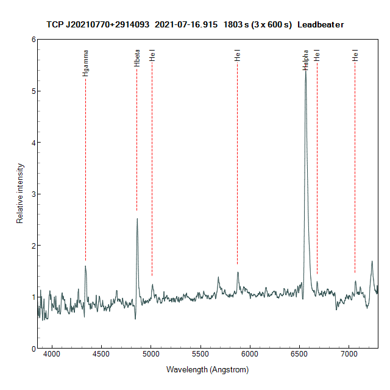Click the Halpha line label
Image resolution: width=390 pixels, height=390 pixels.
pos(305,60)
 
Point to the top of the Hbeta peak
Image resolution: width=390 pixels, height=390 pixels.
pos(137,219)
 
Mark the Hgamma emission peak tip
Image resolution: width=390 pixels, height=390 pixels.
pos(85,266)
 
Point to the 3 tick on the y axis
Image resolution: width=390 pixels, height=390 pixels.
pos(34,194)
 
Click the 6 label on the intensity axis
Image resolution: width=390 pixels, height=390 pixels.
pos(34,40)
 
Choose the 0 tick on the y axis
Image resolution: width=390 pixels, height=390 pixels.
pos(34,349)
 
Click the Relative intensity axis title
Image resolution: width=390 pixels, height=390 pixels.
pos(20,193)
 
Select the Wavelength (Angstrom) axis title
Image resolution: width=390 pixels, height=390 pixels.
pos(207,369)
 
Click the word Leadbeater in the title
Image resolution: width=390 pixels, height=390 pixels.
pos(321,24)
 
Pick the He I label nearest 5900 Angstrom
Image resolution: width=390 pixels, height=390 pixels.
pos(237,55)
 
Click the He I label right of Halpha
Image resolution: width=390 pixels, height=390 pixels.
pos(317,55)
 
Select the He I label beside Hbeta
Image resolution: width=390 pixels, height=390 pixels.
pos(152,55)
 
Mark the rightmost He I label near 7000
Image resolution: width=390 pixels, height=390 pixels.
pos(355,55)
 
